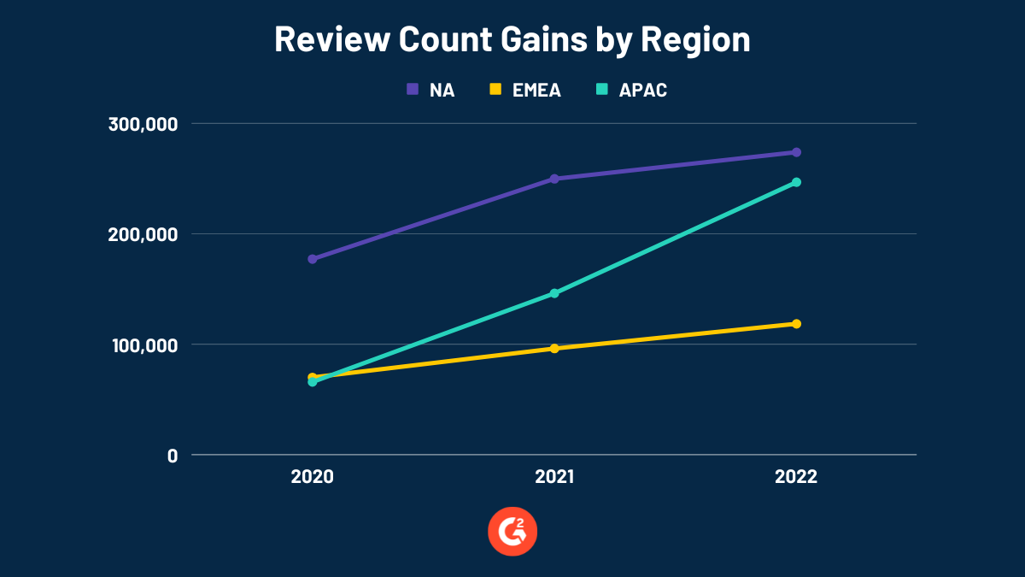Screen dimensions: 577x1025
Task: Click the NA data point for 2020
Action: pyautogui.click(x=313, y=259)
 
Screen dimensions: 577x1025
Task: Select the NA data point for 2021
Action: pyautogui.click(x=554, y=179)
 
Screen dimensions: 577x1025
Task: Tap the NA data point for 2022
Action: pyautogui.click(x=796, y=152)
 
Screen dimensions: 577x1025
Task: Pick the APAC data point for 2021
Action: pyautogui.click(x=554, y=293)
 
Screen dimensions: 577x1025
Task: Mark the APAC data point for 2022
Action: pyautogui.click(x=796, y=182)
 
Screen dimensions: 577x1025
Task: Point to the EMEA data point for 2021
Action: pyautogui.click(x=554, y=348)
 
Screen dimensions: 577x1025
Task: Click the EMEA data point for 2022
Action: pyautogui.click(x=796, y=323)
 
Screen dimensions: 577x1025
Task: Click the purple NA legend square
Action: pyautogui.click(x=413, y=89)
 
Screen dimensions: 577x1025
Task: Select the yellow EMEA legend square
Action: pyautogui.click(x=495, y=89)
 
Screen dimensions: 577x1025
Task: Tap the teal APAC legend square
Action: pyautogui.click(x=600, y=89)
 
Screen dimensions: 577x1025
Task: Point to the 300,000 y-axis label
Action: pyautogui.click(x=143, y=124)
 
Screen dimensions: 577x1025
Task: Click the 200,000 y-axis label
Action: pyautogui.click(x=143, y=234)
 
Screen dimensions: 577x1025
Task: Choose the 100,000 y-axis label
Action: pyautogui.click(x=143, y=344)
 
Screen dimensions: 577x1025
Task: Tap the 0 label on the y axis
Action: pyautogui.click(x=173, y=455)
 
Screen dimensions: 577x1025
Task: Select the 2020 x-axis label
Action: pyautogui.click(x=313, y=477)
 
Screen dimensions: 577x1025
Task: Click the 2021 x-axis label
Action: pyautogui.click(x=554, y=477)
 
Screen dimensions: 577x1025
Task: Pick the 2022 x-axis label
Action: pyautogui.click(x=796, y=477)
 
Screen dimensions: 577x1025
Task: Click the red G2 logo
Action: pyautogui.click(x=512, y=532)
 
